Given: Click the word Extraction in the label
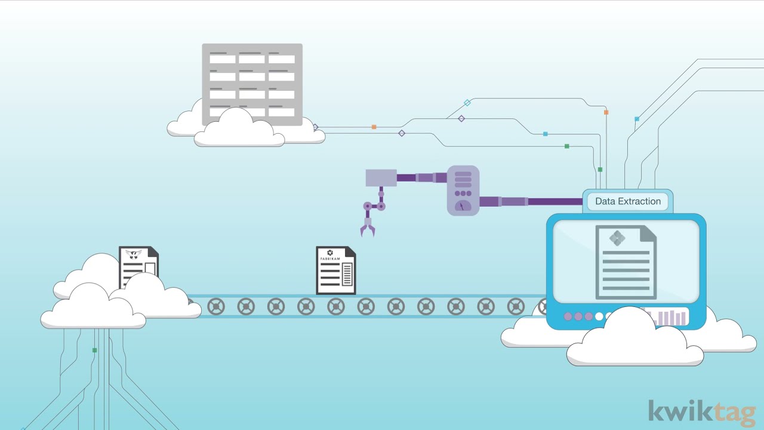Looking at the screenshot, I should [641, 201].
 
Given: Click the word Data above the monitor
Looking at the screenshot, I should [606, 201].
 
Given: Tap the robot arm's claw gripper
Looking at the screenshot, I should [367, 228].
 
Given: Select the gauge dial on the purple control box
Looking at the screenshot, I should [463, 206].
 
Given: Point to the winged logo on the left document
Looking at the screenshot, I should [134, 254].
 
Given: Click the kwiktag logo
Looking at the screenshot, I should [701, 413].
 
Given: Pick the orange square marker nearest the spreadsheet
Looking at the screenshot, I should [374, 127].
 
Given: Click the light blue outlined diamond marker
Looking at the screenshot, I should [467, 103].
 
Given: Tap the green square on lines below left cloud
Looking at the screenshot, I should [94, 350].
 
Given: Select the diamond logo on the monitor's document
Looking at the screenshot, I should [617, 238].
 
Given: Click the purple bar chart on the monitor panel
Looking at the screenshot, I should [671, 317].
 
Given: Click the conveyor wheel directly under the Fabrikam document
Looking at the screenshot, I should [336, 306].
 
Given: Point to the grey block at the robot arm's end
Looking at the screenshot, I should [381, 177].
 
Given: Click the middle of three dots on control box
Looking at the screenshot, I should [463, 193].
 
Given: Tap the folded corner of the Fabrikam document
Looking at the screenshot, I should [350, 252].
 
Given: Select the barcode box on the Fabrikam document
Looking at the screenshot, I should [347, 274].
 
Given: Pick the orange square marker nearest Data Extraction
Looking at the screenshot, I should [606, 112].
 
